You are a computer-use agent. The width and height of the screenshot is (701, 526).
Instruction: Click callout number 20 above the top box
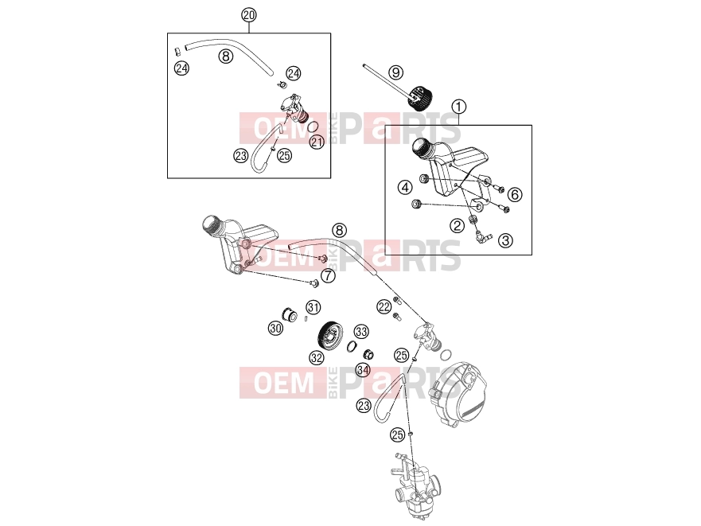[x=249, y=15]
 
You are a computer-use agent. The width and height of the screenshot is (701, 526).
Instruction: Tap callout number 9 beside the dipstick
[x=395, y=72]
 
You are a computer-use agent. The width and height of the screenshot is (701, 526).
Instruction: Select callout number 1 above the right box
[x=458, y=107]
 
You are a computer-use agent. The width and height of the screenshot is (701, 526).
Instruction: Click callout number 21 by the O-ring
[x=317, y=142]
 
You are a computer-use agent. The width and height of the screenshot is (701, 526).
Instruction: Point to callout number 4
[x=405, y=187]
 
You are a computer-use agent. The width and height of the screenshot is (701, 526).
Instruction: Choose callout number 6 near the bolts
[x=515, y=195]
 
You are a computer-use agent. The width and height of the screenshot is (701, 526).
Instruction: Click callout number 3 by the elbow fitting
[x=505, y=240]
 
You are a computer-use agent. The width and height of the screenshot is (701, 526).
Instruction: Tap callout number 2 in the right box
[x=457, y=225]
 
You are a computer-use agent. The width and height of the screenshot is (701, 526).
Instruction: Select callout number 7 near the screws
[x=329, y=275]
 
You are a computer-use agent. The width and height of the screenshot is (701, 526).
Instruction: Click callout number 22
[x=384, y=307]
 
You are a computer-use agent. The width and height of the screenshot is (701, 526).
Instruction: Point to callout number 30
[x=276, y=329]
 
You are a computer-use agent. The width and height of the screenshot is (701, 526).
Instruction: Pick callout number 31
[x=314, y=307]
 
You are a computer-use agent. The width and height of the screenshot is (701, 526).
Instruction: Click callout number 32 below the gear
[x=317, y=358]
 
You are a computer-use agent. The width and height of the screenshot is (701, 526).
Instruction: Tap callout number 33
[x=361, y=331]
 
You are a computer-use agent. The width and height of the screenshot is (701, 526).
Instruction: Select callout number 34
[x=363, y=370]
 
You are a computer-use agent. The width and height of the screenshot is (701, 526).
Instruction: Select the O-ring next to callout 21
[x=314, y=127]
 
